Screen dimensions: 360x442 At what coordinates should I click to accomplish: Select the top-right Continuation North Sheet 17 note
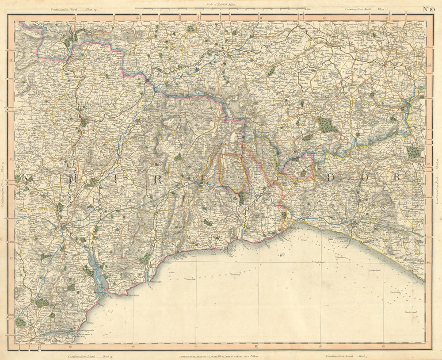coord(366,9)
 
